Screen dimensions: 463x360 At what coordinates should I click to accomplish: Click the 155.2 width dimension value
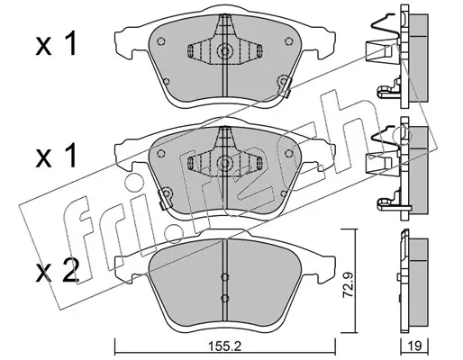click(x=225, y=347)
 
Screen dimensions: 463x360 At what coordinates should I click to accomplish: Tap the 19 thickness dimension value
click(x=415, y=346)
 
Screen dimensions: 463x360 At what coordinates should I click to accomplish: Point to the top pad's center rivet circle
click(x=223, y=50)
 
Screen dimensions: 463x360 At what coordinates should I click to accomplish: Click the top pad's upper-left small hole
click(x=161, y=41)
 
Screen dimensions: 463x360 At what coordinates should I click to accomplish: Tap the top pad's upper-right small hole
click(x=289, y=41)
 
